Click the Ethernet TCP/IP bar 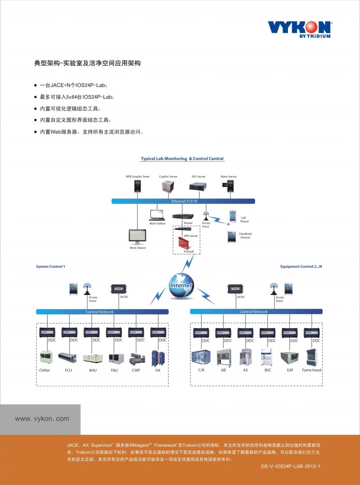[x=184, y=201]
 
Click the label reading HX [x=158, y=370]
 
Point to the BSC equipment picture [x=268, y=356]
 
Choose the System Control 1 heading [x=50, y=267]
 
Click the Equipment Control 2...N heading [x=301, y=267]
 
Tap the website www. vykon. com [x=42, y=418]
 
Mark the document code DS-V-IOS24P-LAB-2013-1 [x=290, y=467]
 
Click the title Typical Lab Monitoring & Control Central [x=182, y=159]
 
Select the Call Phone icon [x=233, y=216]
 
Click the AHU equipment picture [x=92, y=358]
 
